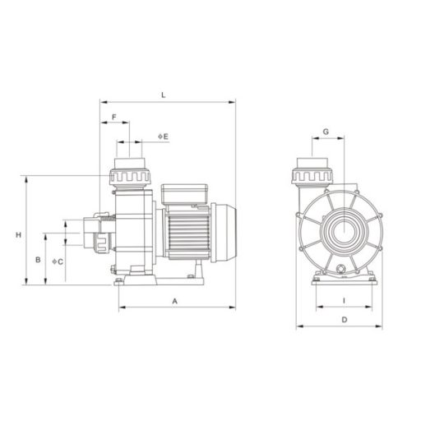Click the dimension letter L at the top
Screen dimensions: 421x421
[x=164, y=95]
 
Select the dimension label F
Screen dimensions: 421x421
[x=114, y=117]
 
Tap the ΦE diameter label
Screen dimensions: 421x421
[x=163, y=136]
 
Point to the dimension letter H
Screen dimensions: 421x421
[x=18, y=235]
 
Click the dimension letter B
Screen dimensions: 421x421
[x=38, y=260]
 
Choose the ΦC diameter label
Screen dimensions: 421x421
[x=58, y=261]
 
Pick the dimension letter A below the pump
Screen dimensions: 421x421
[x=175, y=302]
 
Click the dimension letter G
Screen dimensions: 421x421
[x=326, y=132]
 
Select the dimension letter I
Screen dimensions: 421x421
[x=344, y=301]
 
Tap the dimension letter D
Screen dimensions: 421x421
[x=345, y=320]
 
